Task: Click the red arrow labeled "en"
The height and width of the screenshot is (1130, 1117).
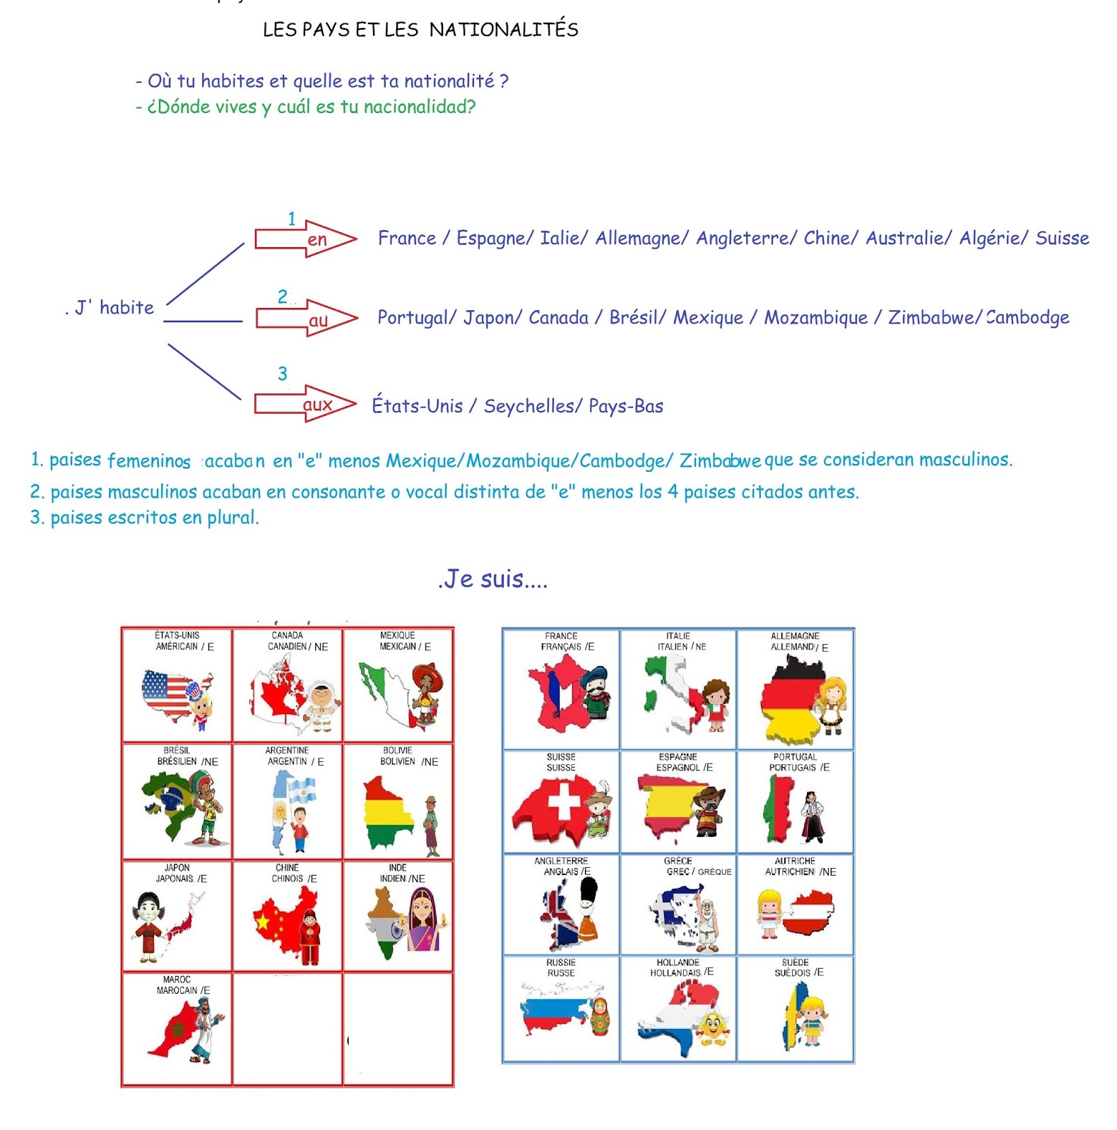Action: [x=305, y=239]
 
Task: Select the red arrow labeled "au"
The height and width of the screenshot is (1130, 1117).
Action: [x=306, y=319]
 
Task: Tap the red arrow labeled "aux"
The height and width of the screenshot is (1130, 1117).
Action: [x=305, y=404]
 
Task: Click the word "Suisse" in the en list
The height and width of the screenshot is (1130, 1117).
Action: [x=1061, y=238]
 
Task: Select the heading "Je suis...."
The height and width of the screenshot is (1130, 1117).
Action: [x=492, y=578]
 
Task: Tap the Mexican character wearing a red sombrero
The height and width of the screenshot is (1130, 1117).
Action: [x=427, y=692]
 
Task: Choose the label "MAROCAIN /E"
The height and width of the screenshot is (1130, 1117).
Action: [x=183, y=990]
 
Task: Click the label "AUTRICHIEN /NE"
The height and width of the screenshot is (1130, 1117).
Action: [x=800, y=872]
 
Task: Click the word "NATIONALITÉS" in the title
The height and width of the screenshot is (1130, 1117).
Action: [x=503, y=30]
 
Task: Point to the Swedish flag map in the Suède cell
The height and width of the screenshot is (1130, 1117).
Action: [x=795, y=1016]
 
